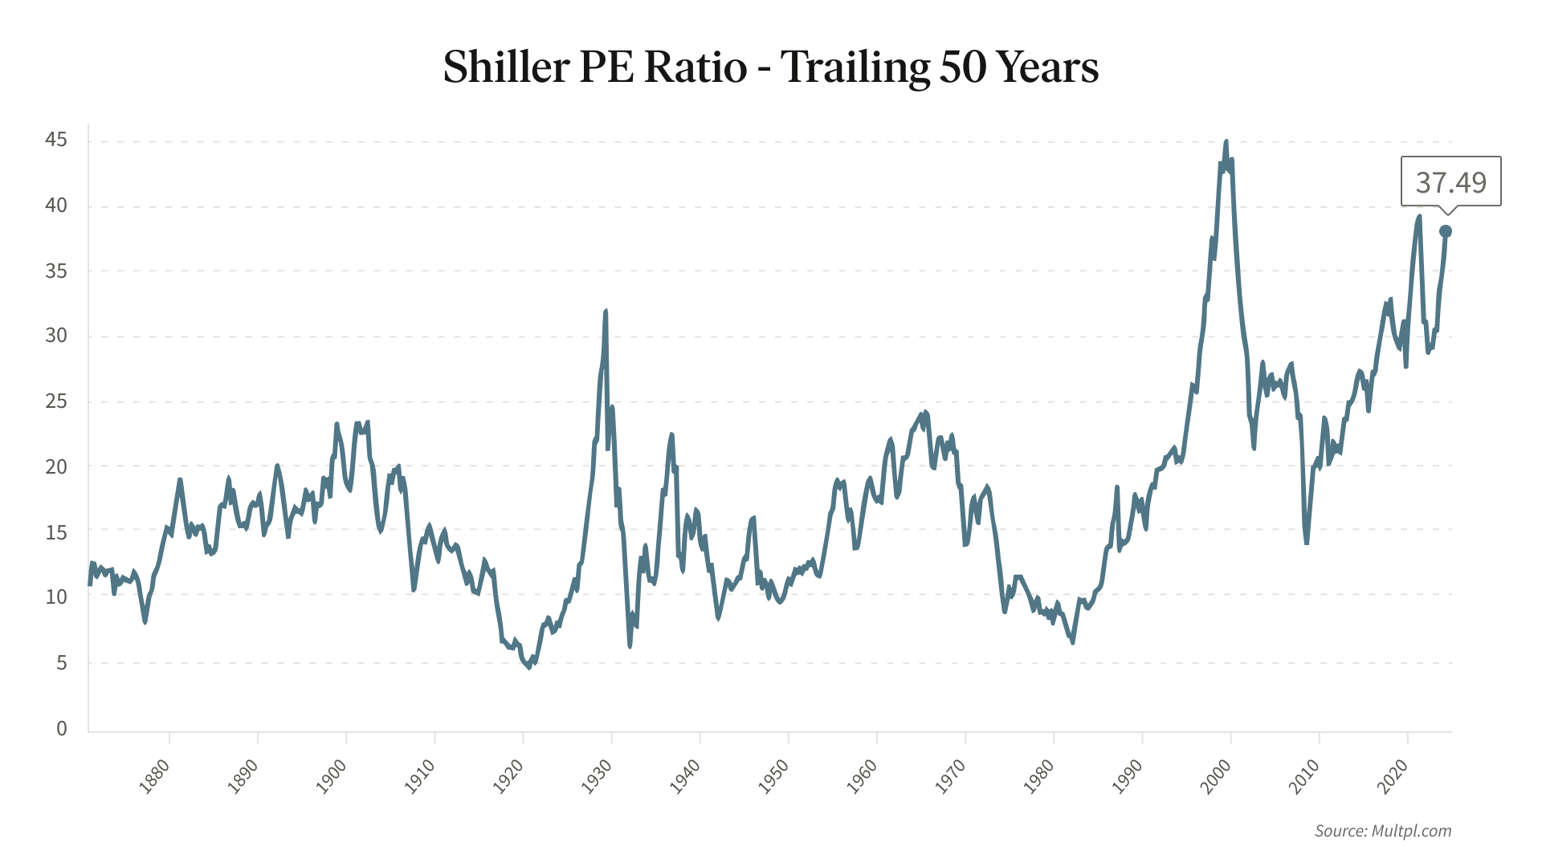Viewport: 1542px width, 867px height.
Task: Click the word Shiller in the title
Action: tap(506, 67)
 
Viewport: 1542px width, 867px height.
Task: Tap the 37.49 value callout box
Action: tap(1450, 182)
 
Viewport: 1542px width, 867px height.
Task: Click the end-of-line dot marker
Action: tap(1446, 231)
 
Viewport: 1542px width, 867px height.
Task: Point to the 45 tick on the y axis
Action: tap(56, 140)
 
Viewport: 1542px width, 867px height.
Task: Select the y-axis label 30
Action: tap(56, 336)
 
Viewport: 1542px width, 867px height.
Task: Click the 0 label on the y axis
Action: tap(62, 728)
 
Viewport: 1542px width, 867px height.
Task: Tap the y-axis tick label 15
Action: tap(56, 532)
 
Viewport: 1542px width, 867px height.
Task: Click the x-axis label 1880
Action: tap(154, 776)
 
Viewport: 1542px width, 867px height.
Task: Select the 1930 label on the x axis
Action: tap(597, 776)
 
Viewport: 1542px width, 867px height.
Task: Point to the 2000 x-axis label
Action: tap(1216, 776)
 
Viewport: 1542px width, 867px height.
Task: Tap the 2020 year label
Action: tap(1393, 776)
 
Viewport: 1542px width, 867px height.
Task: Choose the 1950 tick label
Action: tap(773, 776)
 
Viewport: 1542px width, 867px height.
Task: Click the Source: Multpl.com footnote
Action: tap(1383, 831)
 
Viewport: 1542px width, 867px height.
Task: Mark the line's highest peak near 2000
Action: tap(1226, 142)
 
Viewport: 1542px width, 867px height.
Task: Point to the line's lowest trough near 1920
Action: tap(529, 667)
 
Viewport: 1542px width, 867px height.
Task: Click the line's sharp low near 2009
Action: tap(1307, 543)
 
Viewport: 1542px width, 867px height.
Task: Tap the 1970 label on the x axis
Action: tap(950, 776)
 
